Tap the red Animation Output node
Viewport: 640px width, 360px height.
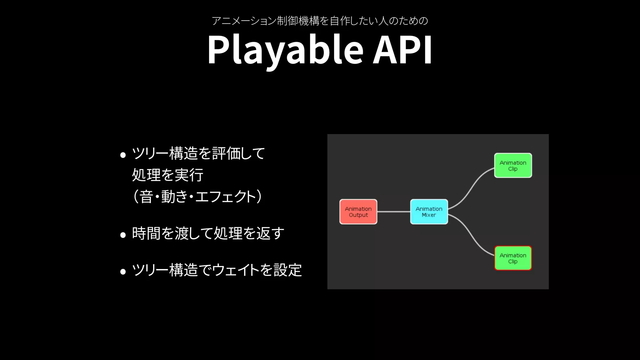coord(358,212)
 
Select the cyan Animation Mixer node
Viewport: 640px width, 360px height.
coord(429,212)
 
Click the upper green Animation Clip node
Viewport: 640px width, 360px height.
coord(513,165)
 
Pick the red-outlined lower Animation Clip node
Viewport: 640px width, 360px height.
coord(513,258)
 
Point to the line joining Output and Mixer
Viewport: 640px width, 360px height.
coord(394,212)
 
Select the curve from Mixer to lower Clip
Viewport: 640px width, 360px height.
coord(470,236)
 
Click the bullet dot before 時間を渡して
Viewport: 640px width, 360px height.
coord(123,235)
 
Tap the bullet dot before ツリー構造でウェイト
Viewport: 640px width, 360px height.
coord(123,271)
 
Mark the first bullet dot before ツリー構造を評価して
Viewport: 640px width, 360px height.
coord(123,155)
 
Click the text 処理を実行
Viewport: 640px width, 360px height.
coord(167,175)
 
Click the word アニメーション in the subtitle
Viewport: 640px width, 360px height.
coord(244,21)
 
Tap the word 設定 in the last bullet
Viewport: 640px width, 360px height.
coord(287,270)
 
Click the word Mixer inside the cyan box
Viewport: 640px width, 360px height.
coord(429,215)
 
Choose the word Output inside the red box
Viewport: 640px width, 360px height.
coord(358,215)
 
